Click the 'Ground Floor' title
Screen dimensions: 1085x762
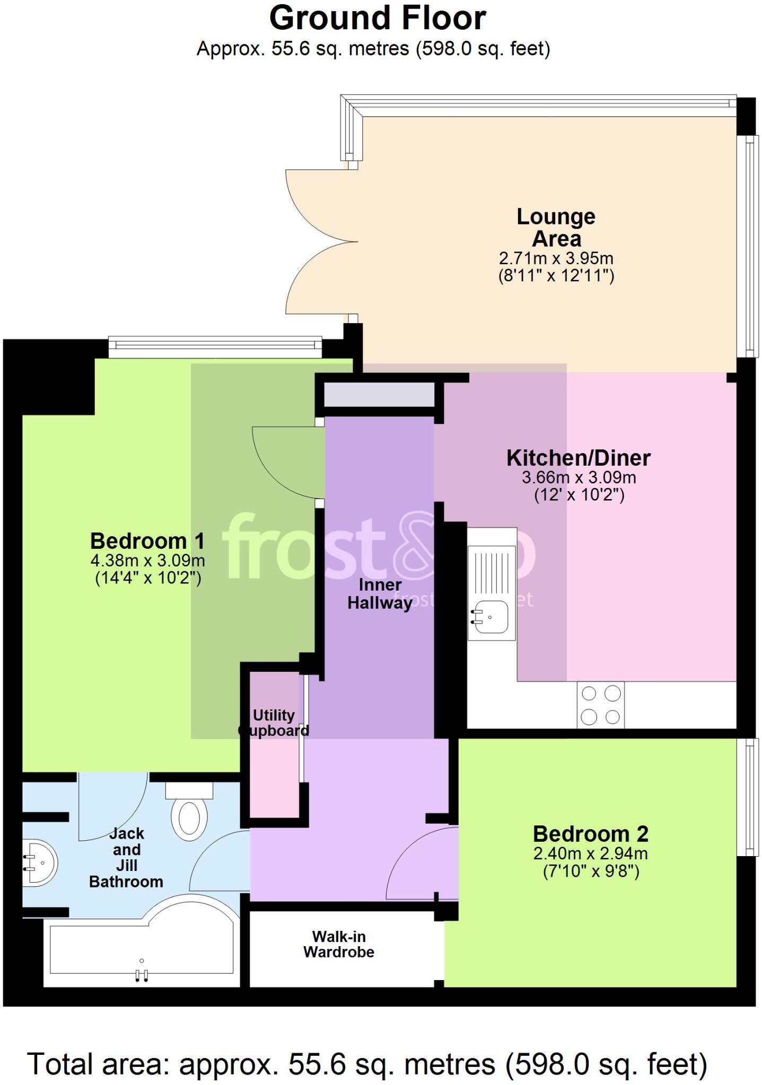[x=377, y=19]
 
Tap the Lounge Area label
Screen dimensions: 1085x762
[x=556, y=227]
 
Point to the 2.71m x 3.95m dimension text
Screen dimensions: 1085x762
[x=556, y=259]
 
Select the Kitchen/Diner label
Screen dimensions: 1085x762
[x=578, y=458]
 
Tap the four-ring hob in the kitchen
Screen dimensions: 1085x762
[x=600, y=705]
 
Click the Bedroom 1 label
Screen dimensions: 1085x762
[x=147, y=541]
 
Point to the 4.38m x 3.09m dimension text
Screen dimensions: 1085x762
[x=147, y=560]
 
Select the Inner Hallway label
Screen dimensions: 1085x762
[x=380, y=594]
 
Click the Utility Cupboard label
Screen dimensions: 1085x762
[x=274, y=723]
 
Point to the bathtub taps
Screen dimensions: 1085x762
[x=142, y=975]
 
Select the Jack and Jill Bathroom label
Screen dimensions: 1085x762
[x=126, y=858]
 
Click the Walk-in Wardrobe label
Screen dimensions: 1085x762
[x=339, y=944]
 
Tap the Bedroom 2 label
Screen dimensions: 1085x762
[x=590, y=834]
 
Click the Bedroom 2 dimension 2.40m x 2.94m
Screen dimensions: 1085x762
[x=590, y=853]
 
